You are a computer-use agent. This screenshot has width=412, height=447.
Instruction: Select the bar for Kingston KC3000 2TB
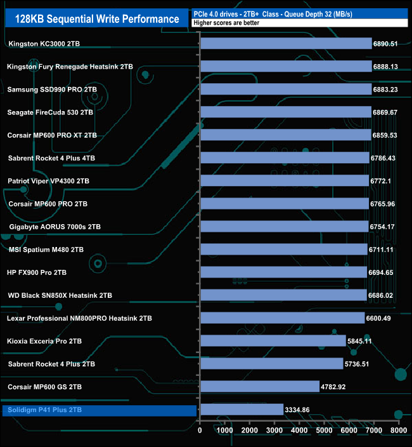click(286, 43)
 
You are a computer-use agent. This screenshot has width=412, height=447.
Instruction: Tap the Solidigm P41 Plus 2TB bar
click(241, 410)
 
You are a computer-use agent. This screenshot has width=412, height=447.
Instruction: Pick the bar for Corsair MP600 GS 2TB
click(259, 387)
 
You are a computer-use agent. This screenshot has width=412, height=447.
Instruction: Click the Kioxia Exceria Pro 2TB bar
click(273, 341)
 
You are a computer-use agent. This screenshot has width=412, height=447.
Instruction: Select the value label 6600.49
click(385, 318)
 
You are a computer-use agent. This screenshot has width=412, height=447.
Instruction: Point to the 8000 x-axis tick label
click(398, 430)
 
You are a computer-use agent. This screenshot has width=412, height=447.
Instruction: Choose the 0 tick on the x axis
click(200, 430)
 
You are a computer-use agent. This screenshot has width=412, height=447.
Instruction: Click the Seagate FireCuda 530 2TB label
click(50, 112)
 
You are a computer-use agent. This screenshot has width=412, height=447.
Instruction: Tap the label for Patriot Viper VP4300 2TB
click(48, 181)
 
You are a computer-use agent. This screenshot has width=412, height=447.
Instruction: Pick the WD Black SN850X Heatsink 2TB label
click(60, 295)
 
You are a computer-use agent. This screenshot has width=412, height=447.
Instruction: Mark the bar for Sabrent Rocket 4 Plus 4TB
click(284, 158)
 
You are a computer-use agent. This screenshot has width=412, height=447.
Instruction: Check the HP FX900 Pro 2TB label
click(37, 272)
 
